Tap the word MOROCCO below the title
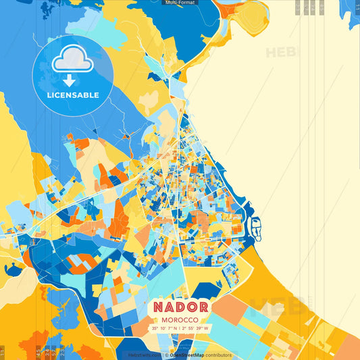point(180,319)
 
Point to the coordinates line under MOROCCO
point(180,328)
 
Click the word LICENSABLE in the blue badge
point(73,95)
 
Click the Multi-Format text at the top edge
point(180,3)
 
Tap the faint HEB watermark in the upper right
point(281,52)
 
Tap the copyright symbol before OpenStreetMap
point(166,355)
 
